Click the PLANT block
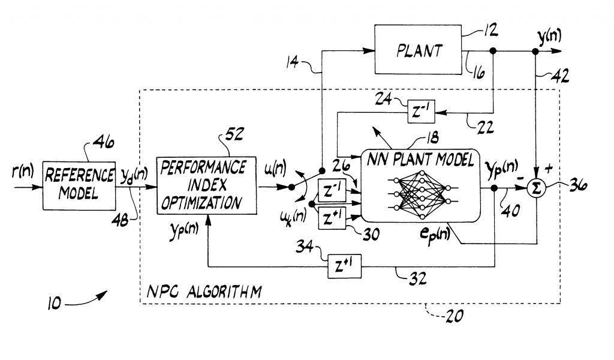pyautogui.click(x=419, y=51)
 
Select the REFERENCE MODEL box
pyautogui.click(x=79, y=184)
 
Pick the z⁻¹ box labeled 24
pyautogui.click(x=422, y=111)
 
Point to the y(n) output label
pyautogui.click(x=548, y=37)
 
